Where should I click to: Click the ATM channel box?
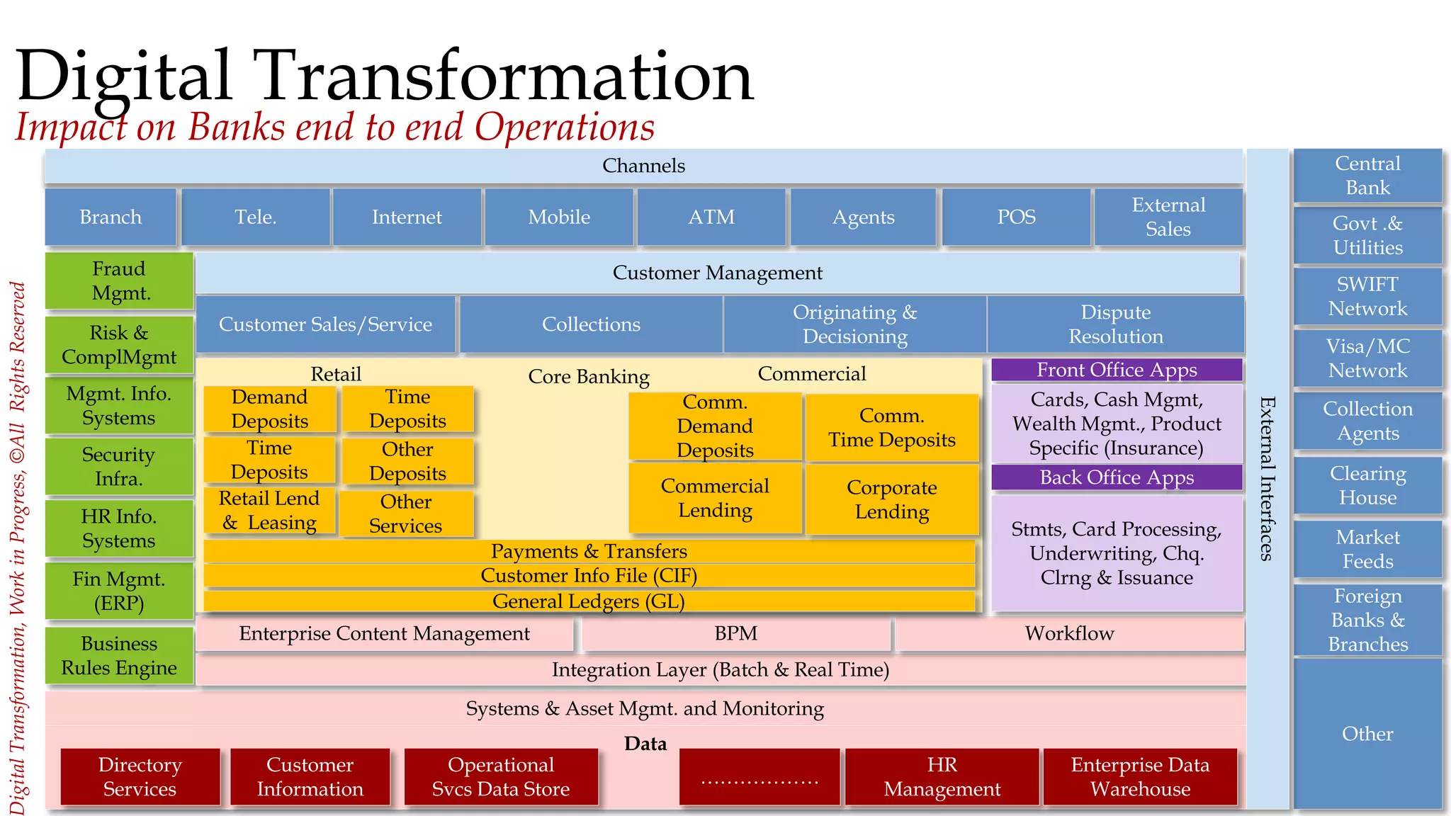pos(711,217)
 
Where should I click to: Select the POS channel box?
pos(1016,217)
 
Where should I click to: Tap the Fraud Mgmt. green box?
pos(119,280)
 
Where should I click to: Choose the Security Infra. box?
pos(119,466)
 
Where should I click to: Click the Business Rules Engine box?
pos(119,655)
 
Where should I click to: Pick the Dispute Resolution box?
pos(1115,324)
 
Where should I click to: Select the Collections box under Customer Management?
pos(591,324)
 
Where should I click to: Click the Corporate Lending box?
pos(892,499)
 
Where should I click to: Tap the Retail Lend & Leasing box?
pos(269,510)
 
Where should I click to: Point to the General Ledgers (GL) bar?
pos(588,601)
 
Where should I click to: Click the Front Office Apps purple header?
pos(1117,370)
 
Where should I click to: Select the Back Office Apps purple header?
pos(1117,477)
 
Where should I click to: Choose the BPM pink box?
pos(735,633)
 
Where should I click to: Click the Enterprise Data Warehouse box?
pos(1140,776)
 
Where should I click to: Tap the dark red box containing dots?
pos(759,776)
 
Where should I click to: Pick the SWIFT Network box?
pos(1367,296)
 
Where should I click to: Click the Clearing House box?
pos(1367,485)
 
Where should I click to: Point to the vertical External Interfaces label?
pos(1267,478)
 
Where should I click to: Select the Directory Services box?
pos(140,776)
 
